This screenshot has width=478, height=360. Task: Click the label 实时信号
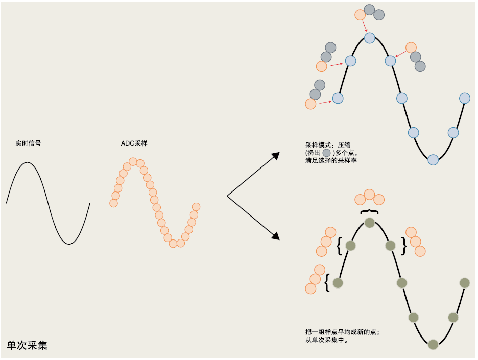pyautogui.click(x=28, y=143)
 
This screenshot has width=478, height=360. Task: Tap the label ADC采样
pyautogui.click(x=134, y=143)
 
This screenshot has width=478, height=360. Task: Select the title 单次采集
pyautogui.click(x=27, y=345)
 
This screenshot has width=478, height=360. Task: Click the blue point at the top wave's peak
pyautogui.click(x=369, y=38)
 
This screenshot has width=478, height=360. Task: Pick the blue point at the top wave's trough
pyautogui.click(x=433, y=160)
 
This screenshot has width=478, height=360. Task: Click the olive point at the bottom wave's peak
pyautogui.click(x=369, y=223)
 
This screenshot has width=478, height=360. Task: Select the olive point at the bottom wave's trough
pyautogui.click(x=433, y=345)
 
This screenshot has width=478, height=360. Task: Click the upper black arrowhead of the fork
pyautogui.click(x=276, y=156)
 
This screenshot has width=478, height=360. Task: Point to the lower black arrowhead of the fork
pyautogui.click(x=276, y=236)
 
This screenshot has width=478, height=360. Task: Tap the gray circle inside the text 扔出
pyautogui.click(x=326, y=153)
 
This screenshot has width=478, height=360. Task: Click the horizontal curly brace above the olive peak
pyautogui.click(x=369, y=212)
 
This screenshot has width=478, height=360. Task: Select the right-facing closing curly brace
pyautogui.click(x=404, y=246)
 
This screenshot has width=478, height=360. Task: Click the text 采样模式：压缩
pyautogui.click(x=328, y=145)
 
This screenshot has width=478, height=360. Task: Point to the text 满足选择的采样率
pyautogui.click(x=331, y=160)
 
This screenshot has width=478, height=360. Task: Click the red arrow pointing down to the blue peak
pyautogui.click(x=365, y=26)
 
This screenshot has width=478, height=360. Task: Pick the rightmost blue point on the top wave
pyautogui.click(x=465, y=99)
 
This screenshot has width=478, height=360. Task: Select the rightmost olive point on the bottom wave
pyautogui.click(x=465, y=283)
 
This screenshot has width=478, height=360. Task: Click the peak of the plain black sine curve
pyautogui.click(x=27, y=162)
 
